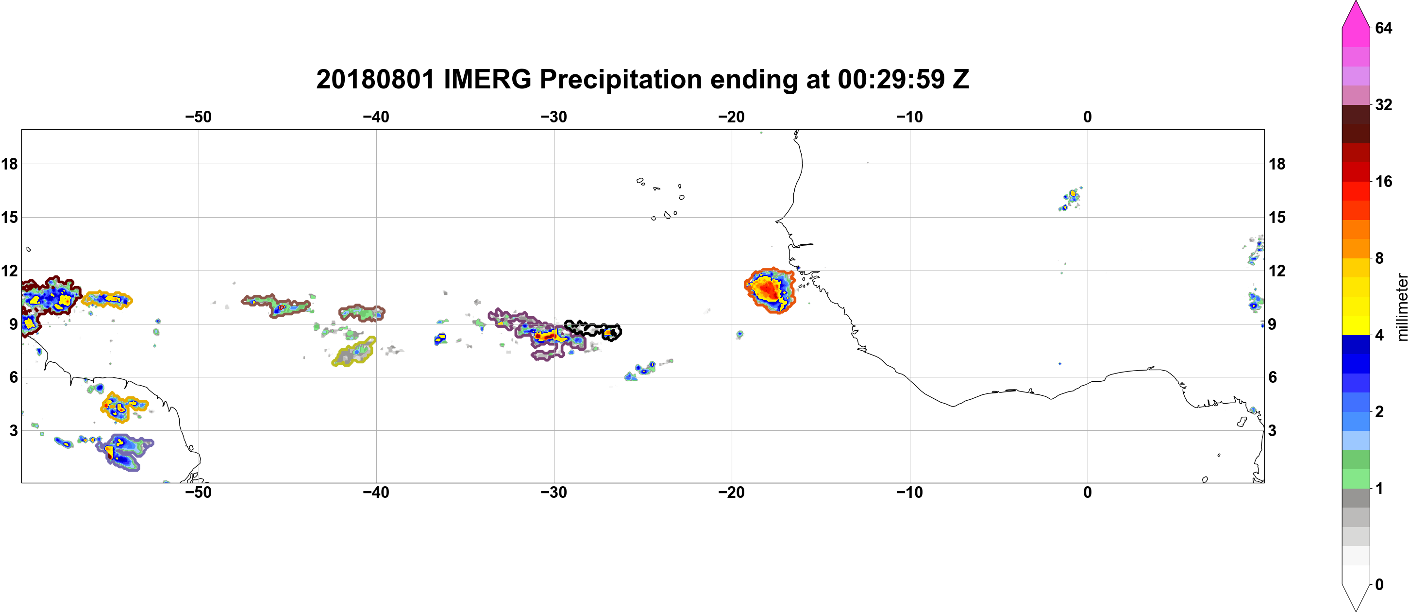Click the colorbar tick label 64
click(1384, 28)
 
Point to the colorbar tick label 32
click(1384, 104)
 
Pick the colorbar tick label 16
click(1384, 181)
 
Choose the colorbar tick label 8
click(1379, 258)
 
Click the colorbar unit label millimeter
click(1402, 307)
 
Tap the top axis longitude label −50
click(198, 117)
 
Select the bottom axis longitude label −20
click(732, 492)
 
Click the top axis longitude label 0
click(1088, 117)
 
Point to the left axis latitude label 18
click(9, 164)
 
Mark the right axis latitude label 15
click(1277, 217)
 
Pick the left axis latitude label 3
click(14, 430)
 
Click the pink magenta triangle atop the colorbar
click(1356, 16)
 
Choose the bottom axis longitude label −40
click(376, 492)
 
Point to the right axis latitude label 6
click(1273, 377)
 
